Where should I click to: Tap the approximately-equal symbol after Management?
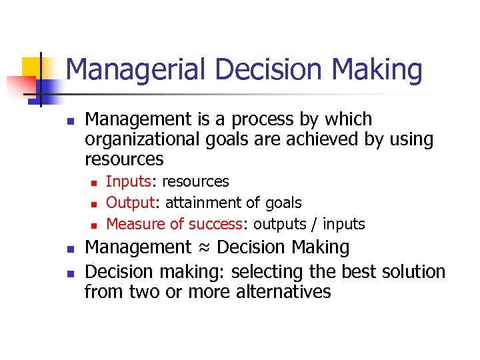[204, 247]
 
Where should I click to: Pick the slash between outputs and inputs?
[315, 224]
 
